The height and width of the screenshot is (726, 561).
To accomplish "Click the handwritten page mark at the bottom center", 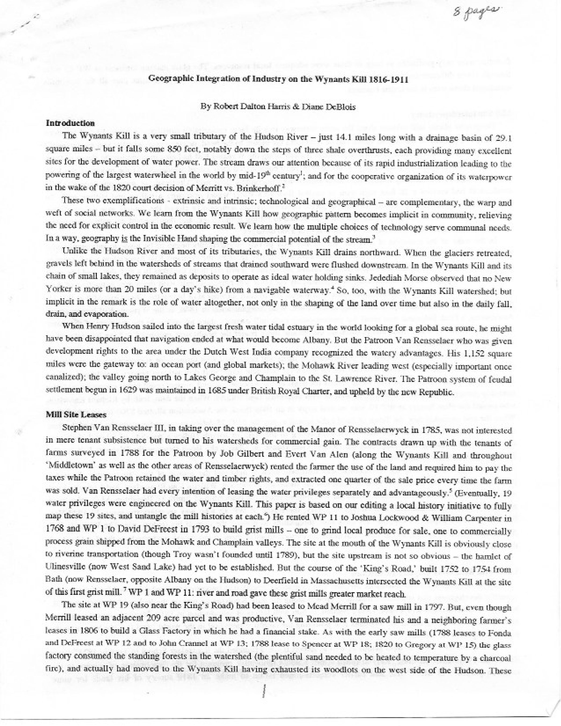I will (x=264, y=685).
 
